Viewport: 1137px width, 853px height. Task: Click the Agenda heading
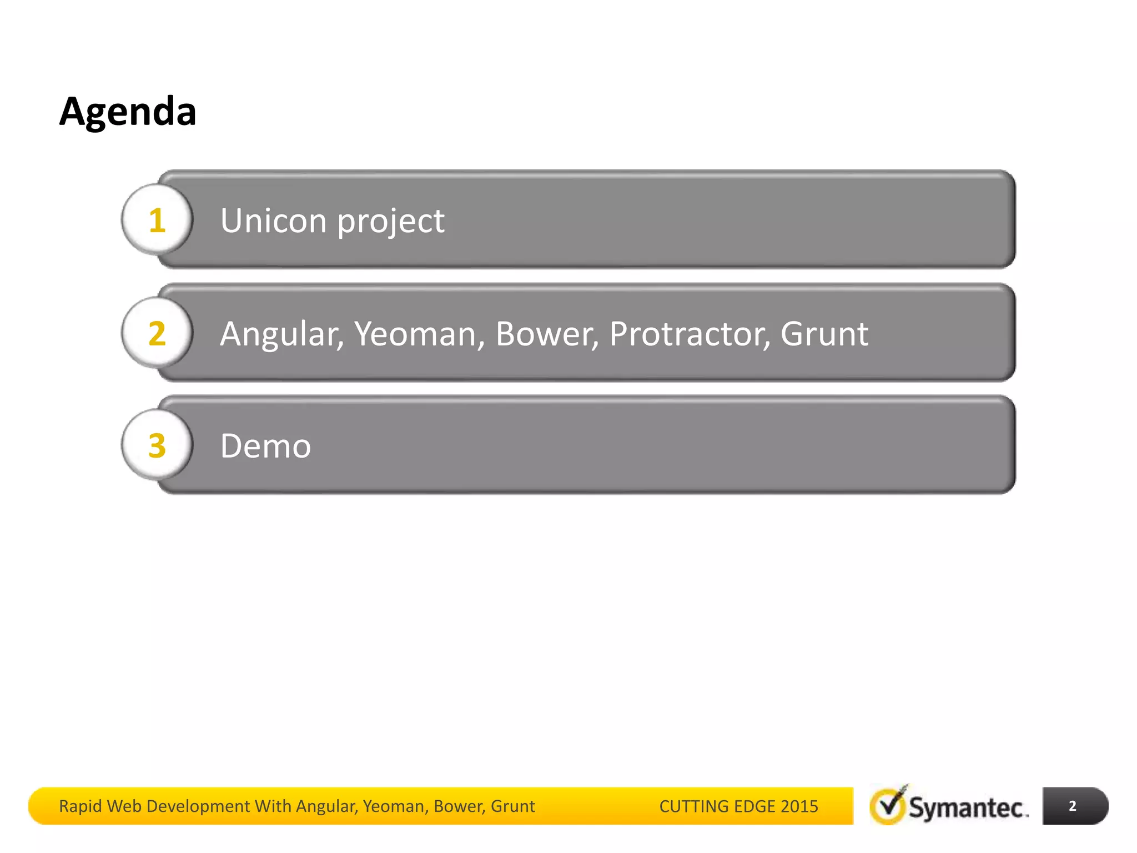click(128, 112)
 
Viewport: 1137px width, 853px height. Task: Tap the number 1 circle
click(157, 220)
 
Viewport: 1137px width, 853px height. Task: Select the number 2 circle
click(157, 333)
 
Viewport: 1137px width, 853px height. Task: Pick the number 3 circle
click(157, 445)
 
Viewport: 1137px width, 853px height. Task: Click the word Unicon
click(273, 220)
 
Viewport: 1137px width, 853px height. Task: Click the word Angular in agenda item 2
click(282, 334)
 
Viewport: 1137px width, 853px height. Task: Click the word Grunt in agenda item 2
click(824, 334)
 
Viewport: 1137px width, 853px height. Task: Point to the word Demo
click(265, 446)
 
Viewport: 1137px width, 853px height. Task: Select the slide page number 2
click(1073, 806)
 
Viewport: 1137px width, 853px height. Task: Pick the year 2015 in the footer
click(799, 806)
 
